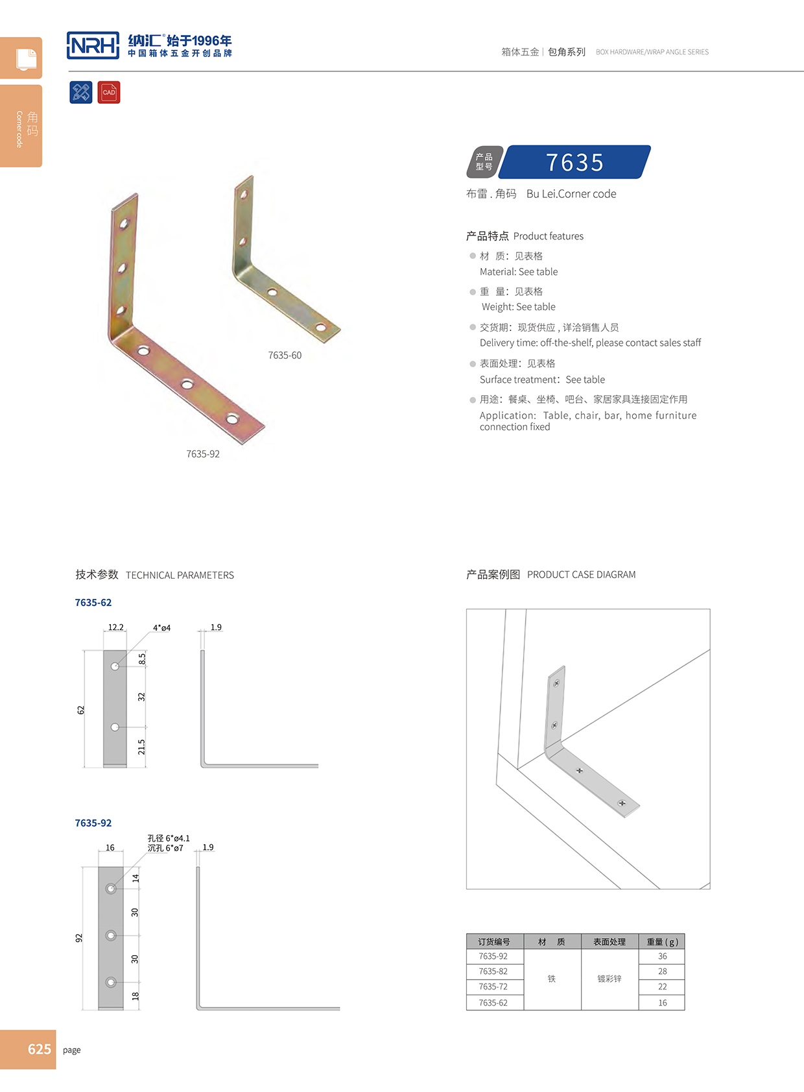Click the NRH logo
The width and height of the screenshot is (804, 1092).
click(93, 45)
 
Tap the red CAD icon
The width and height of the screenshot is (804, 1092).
click(109, 92)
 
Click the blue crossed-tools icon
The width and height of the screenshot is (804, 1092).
click(81, 92)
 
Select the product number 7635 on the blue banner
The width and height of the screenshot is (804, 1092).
click(574, 162)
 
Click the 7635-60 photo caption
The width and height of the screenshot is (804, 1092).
click(285, 356)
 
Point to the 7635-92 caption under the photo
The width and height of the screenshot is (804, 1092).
click(203, 454)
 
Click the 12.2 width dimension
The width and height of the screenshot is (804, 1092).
click(115, 627)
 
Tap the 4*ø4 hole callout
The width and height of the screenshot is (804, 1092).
click(161, 628)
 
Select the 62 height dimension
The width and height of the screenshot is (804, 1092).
click(81, 710)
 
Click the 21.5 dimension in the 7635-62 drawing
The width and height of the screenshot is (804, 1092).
click(141, 747)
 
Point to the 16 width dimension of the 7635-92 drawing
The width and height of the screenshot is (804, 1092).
click(110, 848)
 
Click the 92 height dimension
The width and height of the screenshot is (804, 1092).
click(79, 938)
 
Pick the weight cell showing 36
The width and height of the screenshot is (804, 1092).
click(662, 956)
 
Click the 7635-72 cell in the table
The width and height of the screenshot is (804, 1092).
click(493, 987)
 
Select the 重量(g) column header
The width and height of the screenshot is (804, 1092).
click(662, 942)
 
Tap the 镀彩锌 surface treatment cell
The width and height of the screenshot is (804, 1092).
click(609, 979)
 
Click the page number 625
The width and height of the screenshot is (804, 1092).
click(39, 1049)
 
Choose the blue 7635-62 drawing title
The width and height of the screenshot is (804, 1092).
click(93, 603)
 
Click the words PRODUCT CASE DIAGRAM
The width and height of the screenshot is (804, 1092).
click(581, 575)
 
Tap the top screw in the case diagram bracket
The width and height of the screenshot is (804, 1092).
click(556, 683)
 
